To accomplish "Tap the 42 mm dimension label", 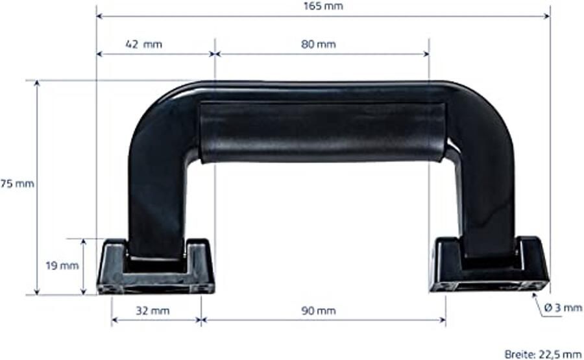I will click(144, 45).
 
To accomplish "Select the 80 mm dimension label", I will click(319, 45).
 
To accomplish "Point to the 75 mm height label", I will click(17, 184).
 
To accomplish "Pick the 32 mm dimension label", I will click(153, 311).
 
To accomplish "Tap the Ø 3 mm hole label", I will click(563, 308).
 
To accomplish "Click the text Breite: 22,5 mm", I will click(543, 354).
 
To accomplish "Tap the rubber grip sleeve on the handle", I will click(322, 132).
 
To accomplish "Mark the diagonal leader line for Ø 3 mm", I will click(538, 304).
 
